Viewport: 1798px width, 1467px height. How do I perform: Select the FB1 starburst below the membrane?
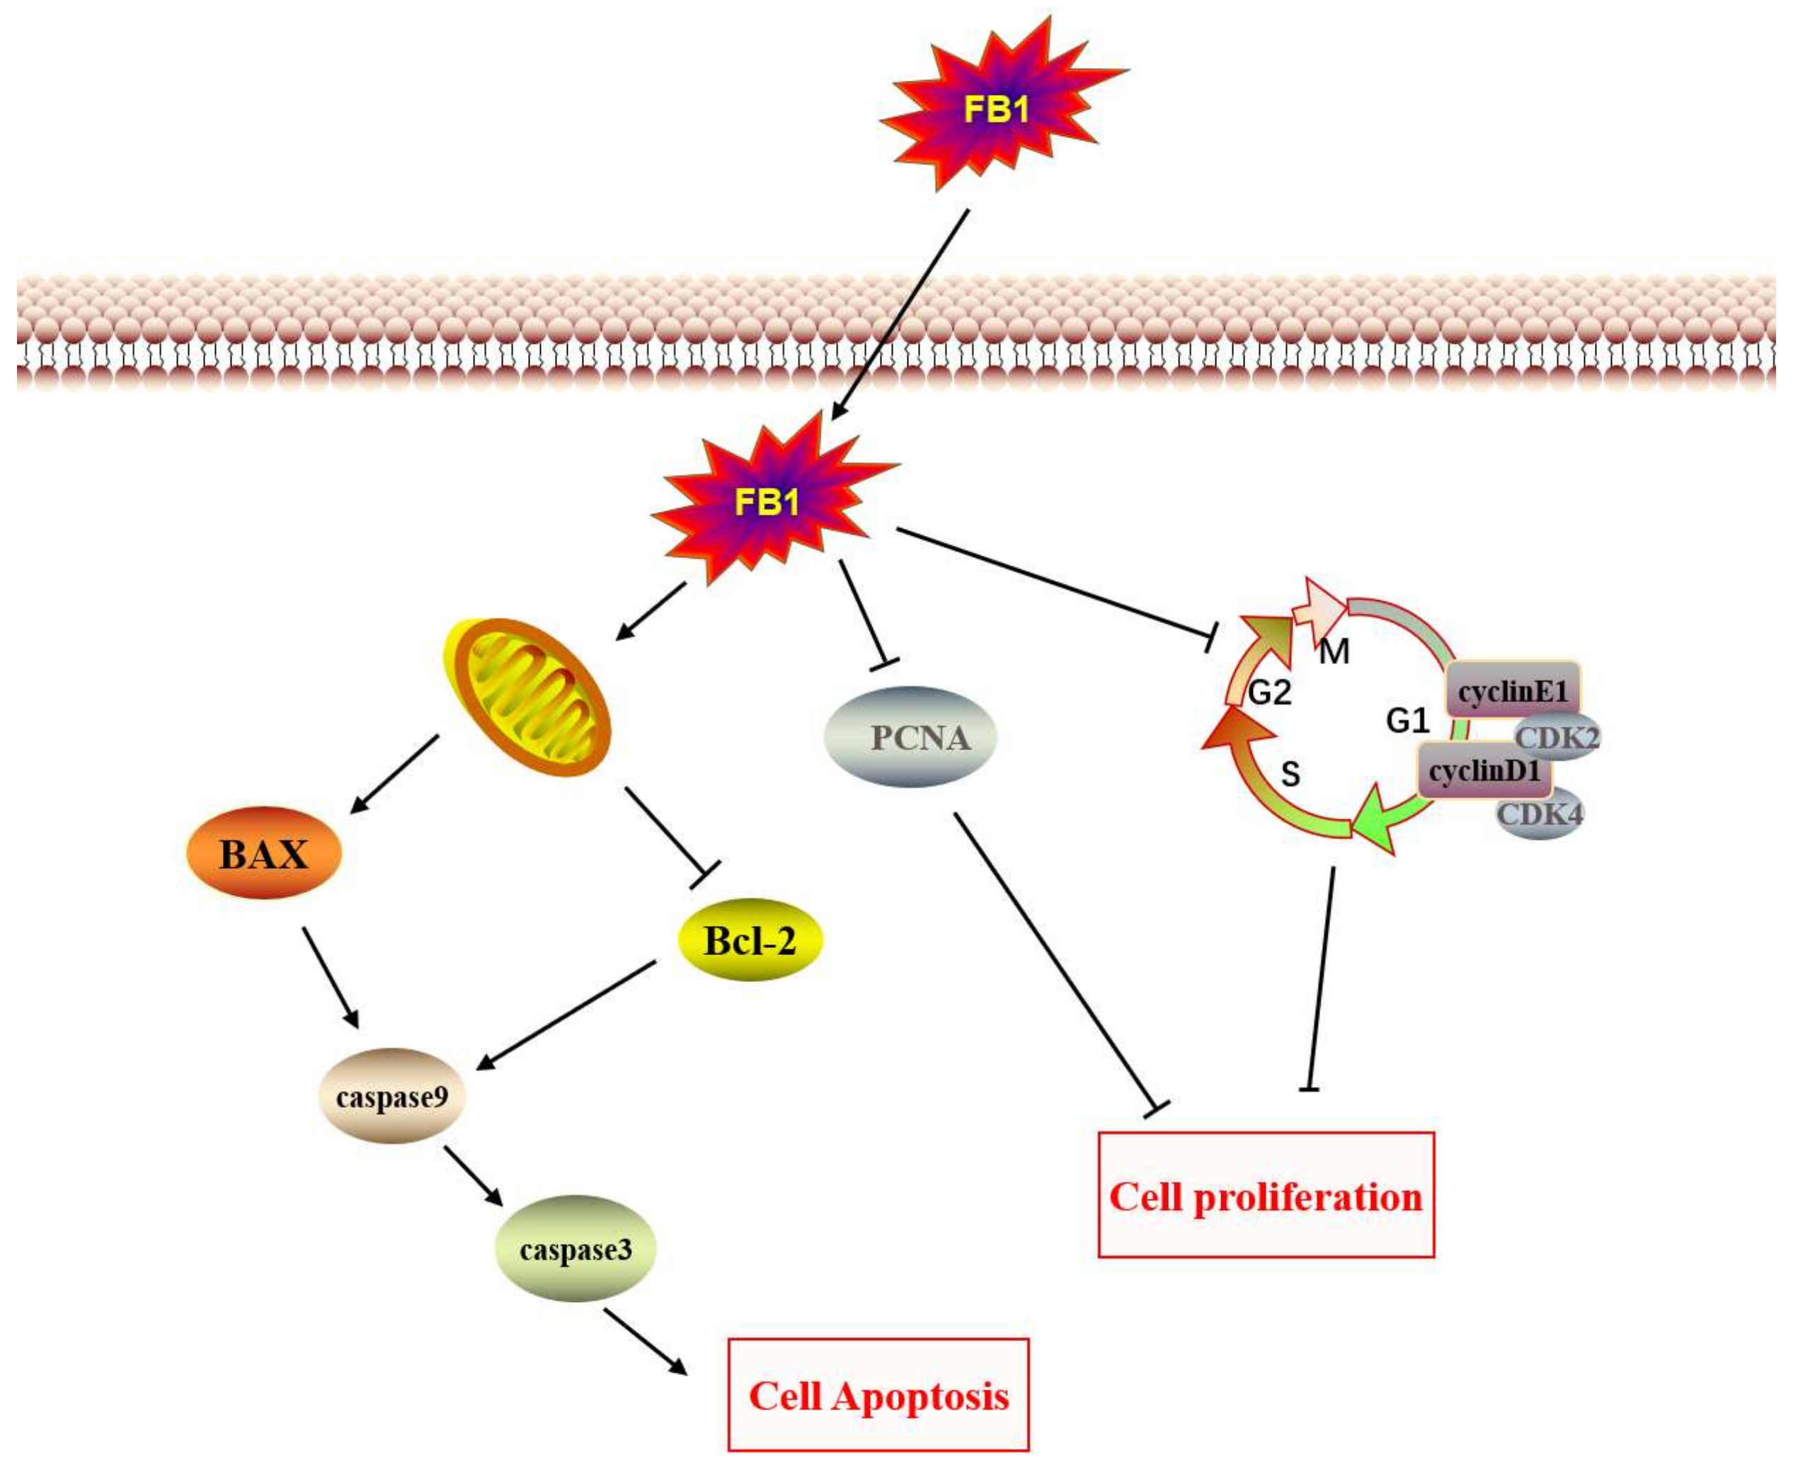coord(767,503)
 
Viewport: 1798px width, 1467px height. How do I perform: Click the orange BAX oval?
coord(263,853)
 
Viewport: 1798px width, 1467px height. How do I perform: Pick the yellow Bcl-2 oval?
coord(750,940)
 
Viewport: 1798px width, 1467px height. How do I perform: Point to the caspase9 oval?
coord(392,1097)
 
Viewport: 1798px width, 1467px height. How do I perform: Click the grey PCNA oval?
coord(911,738)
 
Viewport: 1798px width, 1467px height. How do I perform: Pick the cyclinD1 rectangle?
coord(1484,771)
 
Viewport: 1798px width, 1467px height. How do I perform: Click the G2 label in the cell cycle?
coord(1270,693)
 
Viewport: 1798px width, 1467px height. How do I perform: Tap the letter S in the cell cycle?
coord(1290,774)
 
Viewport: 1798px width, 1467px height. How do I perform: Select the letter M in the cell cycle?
coord(1334,651)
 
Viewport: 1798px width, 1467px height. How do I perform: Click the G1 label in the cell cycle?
coord(1407,721)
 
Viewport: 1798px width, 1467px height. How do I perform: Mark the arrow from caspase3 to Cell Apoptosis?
coord(644,1340)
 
